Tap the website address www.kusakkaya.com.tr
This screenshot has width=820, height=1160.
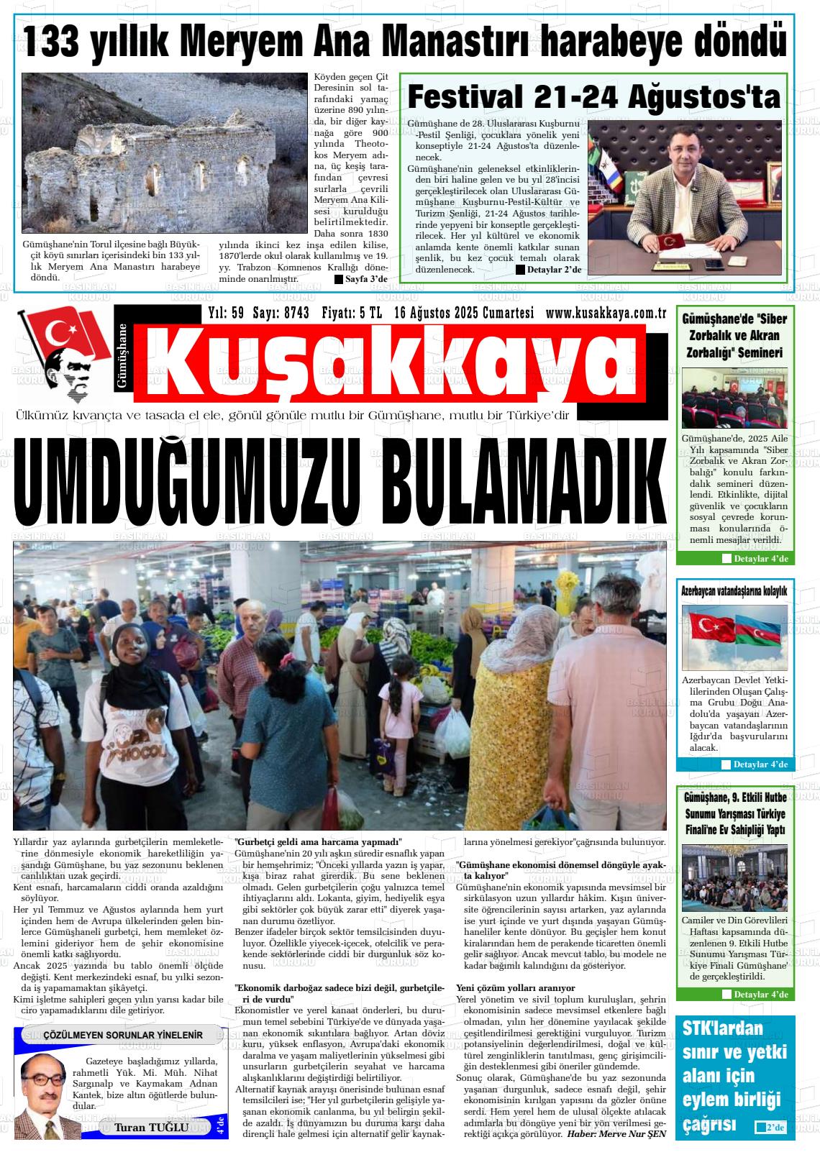tap(606, 313)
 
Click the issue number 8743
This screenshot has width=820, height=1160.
tap(296, 313)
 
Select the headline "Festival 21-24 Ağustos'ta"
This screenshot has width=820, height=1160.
tap(593, 96)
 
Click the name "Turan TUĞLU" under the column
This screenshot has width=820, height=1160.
tap(151, 1127)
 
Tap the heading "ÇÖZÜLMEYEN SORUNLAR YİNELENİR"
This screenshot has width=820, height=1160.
tap(123, 1035)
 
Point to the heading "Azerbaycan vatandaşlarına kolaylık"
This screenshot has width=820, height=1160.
tap(734, 591)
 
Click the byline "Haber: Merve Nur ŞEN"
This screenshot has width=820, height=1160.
tap(616, 1134)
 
